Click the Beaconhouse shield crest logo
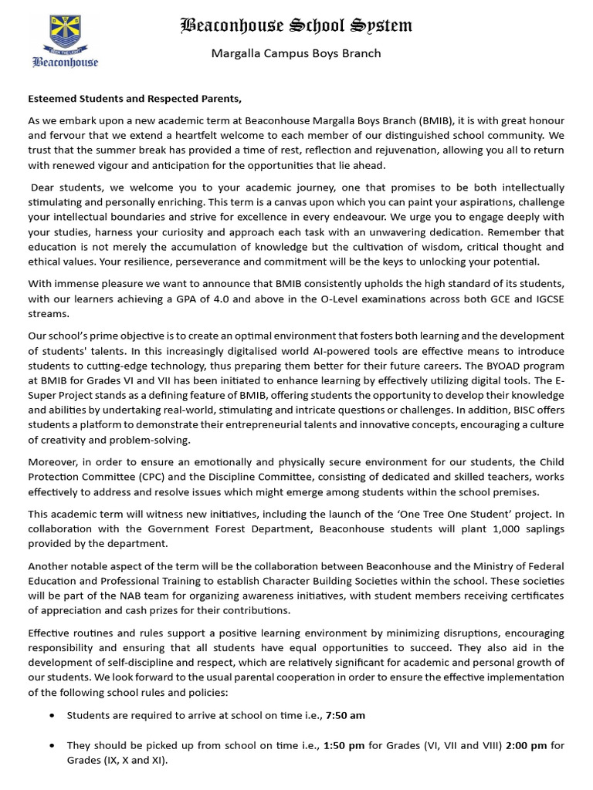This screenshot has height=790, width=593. coord(64,35)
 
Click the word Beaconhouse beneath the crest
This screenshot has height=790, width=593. coord(65,62)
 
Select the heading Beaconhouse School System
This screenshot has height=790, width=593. coord(296,25)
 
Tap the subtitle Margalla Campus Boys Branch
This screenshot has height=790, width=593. coord(296,53)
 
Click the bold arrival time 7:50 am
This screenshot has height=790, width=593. coord(346,715)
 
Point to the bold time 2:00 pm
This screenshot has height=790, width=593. coord(527,745)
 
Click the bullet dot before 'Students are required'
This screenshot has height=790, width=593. coord(51,715)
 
